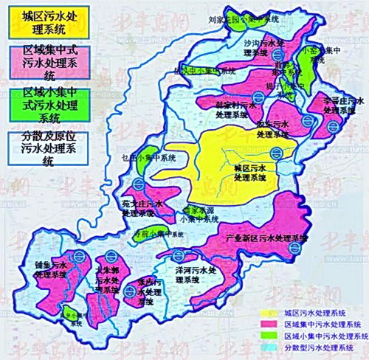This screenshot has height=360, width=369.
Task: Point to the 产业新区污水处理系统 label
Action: point(265,239)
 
